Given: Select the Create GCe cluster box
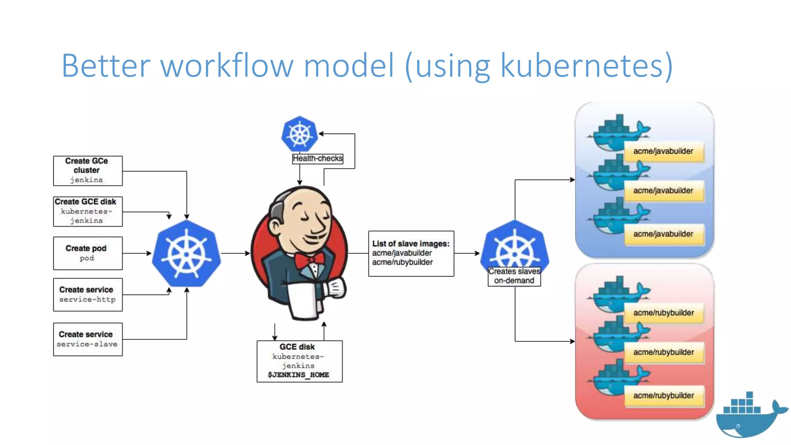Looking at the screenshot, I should tap(88, 171).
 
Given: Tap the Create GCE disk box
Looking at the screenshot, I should tap(88, 211).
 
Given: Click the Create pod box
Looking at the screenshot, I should tap(88, 253).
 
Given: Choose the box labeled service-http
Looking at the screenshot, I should tap(88, 294).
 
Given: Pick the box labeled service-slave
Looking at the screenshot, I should tap(88, 339).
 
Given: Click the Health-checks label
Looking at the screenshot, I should tap(317, 158).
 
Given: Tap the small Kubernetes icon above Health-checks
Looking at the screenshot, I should tap(300, 134).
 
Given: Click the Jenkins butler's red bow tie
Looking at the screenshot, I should tap(309, 260).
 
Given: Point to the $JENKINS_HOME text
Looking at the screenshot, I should tap(299, 375).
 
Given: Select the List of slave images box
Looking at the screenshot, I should tap(411, 253).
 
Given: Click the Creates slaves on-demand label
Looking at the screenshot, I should tap(514, 276).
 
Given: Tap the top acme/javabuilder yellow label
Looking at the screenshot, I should tap(664, 151).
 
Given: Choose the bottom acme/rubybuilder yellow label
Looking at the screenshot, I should tap(664, 396).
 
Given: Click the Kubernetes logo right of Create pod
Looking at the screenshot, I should tap(187, 254).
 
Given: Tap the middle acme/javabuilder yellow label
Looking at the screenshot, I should tap(664, 191).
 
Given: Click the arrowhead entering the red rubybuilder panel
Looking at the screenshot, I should tap(572, 341).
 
